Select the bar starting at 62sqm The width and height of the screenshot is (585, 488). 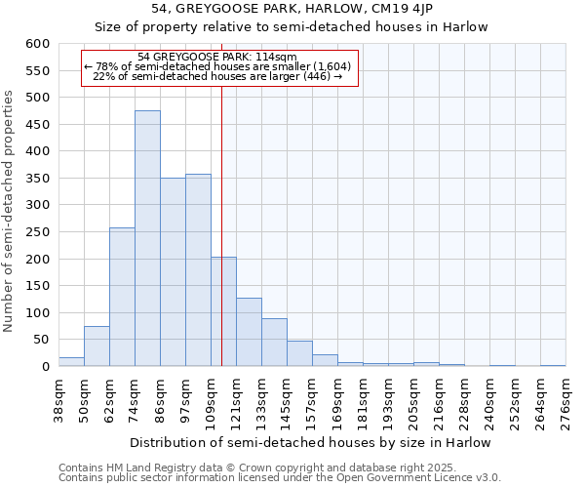122,298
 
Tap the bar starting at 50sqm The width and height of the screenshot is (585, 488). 97,346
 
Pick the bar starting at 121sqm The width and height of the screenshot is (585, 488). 249,333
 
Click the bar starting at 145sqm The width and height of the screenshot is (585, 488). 299,354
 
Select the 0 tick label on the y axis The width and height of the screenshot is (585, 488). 45,367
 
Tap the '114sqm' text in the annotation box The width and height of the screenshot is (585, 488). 261,58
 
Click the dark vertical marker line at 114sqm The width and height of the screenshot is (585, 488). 222,244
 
